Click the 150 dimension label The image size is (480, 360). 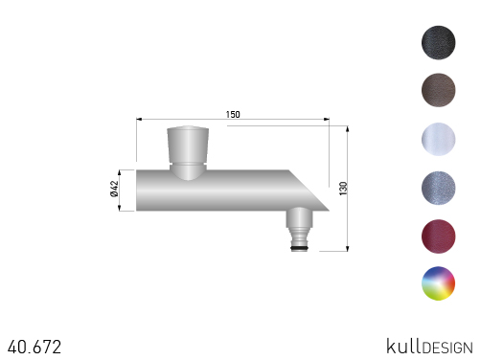click(x=233, y=114)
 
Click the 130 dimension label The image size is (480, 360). click(x=343, y=189)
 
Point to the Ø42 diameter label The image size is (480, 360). click(x=114, y=189)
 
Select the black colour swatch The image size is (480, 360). click(x=438, y=42)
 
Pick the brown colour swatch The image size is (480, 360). click(x=438, y=90)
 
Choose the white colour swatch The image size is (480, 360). click(x=438, y=139)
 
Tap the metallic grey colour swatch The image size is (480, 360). click(x=438, y=188)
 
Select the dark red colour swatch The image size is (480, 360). click(x=438, y=236)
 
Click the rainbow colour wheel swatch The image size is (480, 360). click(x=438, y=283)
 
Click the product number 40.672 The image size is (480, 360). click(x=34, y=347)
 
